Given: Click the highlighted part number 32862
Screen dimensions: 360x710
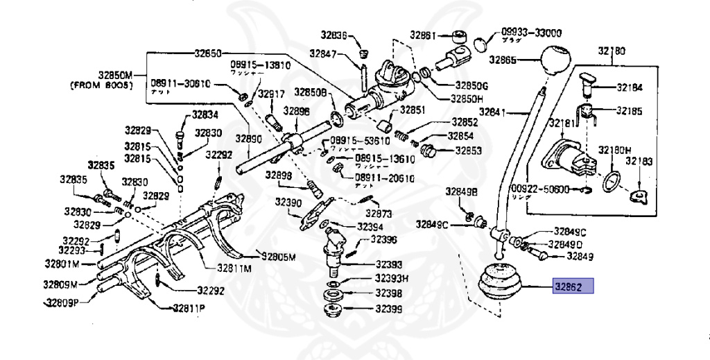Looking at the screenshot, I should (x=572, y=285).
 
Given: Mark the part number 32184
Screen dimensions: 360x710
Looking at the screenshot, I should (x=629, y=88).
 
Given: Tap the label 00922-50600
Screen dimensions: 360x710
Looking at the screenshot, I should (x=540, y=189).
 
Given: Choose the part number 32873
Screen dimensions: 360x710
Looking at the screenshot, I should (x=379, y=213).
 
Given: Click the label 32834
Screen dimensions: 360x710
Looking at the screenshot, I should (x=205, y=115).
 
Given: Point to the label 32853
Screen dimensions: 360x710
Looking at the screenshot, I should (x=469, y=150).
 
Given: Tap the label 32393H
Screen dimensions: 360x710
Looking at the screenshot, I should (x=391, y=278).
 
